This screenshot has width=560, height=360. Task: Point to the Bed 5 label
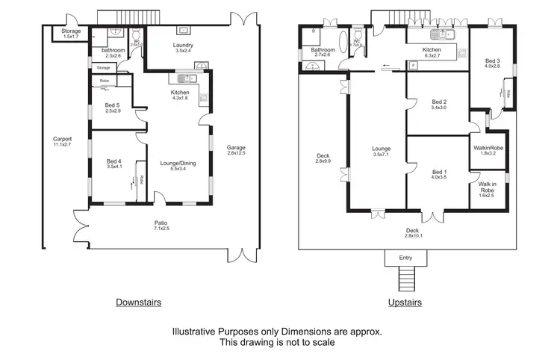(x=113, y=108)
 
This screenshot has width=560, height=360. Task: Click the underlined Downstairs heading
(x=138, y=302)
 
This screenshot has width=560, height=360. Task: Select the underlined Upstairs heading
(x=405, y=302)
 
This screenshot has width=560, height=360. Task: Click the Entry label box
(x=405, y=258)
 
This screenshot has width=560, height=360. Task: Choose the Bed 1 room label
(x=439, y=174)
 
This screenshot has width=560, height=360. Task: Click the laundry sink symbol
(x=182, y=31)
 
